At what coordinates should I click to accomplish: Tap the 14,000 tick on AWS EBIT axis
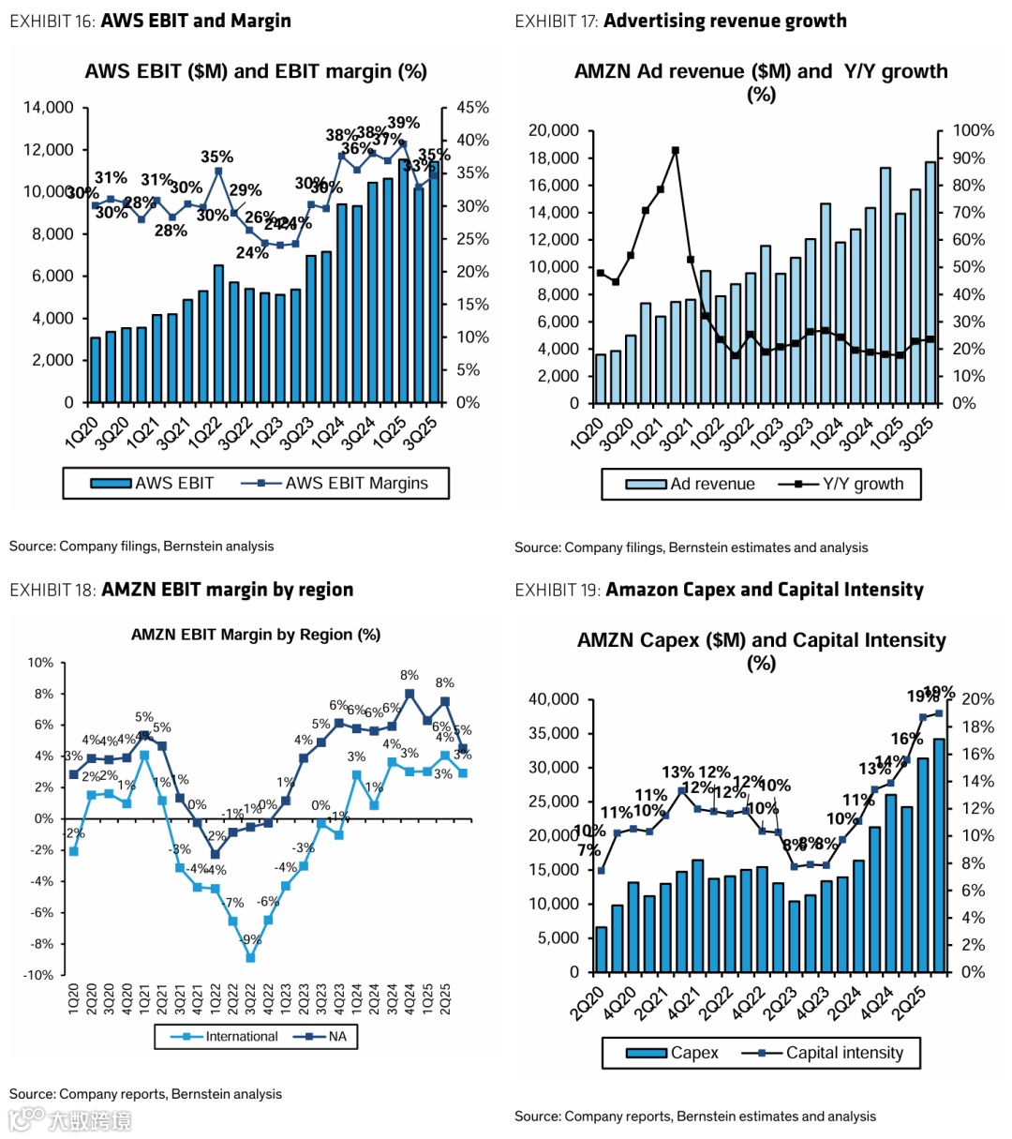(x=48, y=108)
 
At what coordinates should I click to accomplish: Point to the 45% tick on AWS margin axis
(x=472, y=108)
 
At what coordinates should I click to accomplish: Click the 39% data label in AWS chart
(x=404, y=123)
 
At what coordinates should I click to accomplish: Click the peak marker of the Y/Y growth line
(x=676, y=150)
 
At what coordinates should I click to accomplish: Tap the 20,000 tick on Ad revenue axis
(x=553, y=130)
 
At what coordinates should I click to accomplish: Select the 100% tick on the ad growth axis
(x=973, y=130)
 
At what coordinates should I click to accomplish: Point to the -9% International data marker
(x=250, y=958)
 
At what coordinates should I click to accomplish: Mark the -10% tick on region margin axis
(x=39, y=975)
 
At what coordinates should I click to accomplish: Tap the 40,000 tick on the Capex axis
(x=554, y=699)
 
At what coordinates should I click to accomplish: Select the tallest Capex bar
(x=939, y=855)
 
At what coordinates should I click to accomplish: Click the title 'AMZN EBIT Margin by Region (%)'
(x=256, y=635)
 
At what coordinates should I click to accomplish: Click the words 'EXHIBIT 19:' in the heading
(x=557, y=590)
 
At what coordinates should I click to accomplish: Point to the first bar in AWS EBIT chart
(x=96, y=369)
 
